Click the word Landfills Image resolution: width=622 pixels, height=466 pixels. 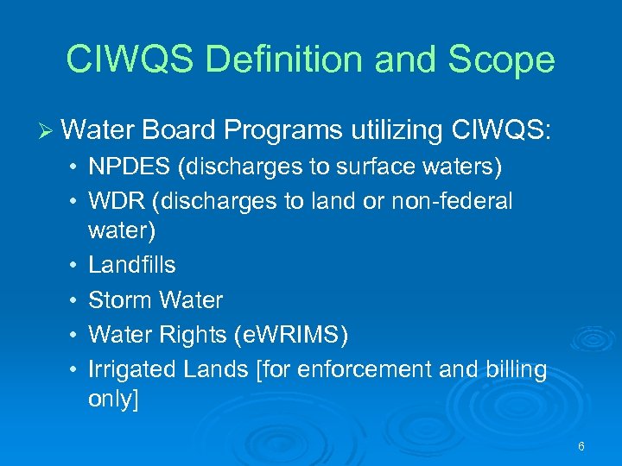coord(131,265)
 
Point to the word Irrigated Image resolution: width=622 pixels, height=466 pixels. coord(133,370)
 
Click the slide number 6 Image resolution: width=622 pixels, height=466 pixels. coord(581,446)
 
